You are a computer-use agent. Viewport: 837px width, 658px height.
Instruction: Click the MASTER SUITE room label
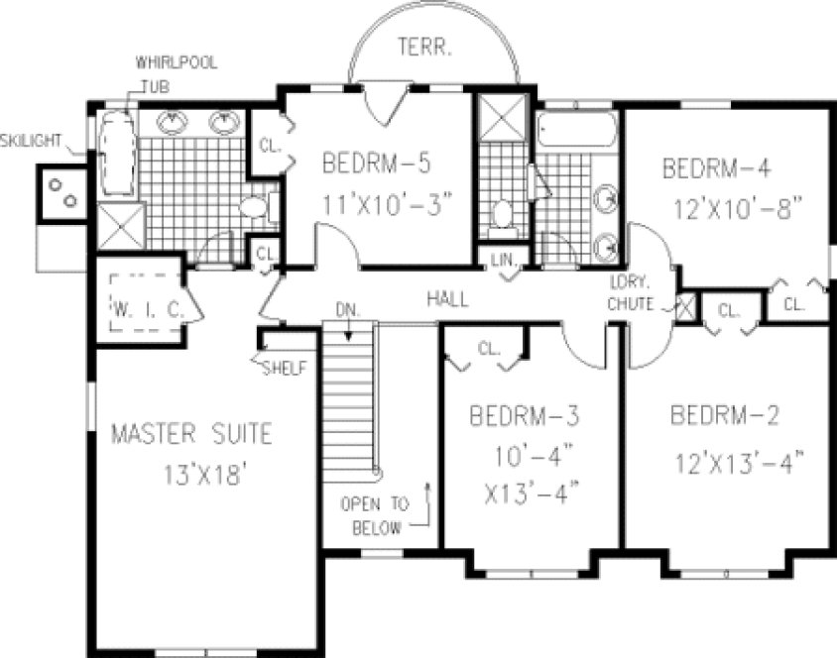click(x=190, y=434)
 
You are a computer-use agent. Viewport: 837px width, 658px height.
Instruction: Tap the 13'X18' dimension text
click(x=205, y=474)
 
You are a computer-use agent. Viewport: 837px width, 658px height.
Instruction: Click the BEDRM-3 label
click(x=524, y=415)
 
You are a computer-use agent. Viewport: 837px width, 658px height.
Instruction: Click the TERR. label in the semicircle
click(x=427, y=45)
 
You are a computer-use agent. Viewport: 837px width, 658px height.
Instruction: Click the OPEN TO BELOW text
click(x=372, y=515)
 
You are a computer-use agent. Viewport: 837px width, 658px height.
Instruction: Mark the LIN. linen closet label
click(x=503, y=261)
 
